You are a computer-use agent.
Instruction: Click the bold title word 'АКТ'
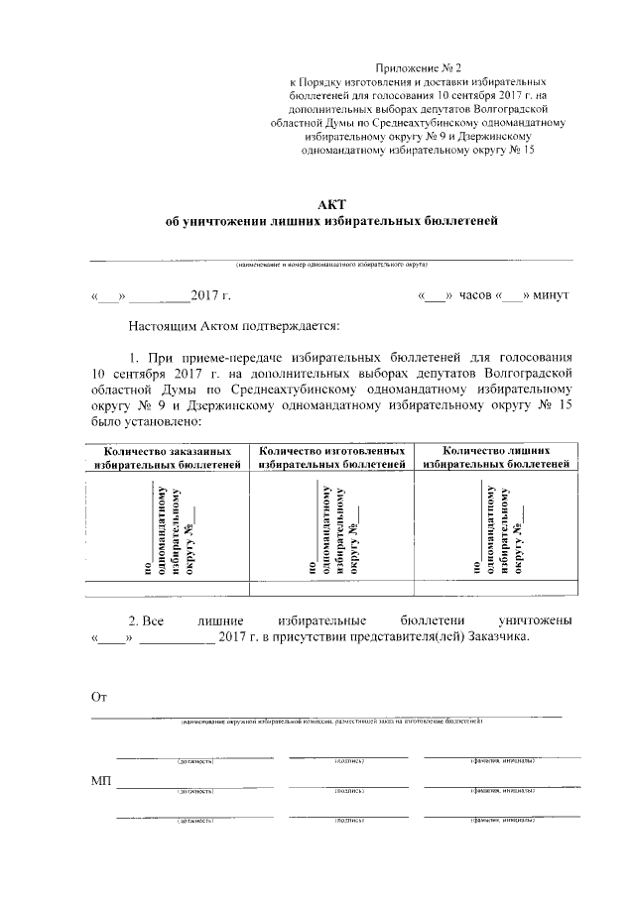[330, 201]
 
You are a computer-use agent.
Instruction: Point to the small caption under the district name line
[330, 267]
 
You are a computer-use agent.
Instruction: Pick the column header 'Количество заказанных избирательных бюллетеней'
[168, 457]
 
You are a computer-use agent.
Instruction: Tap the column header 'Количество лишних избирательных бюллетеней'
[496, 457]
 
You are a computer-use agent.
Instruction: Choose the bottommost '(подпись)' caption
[349, 822]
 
